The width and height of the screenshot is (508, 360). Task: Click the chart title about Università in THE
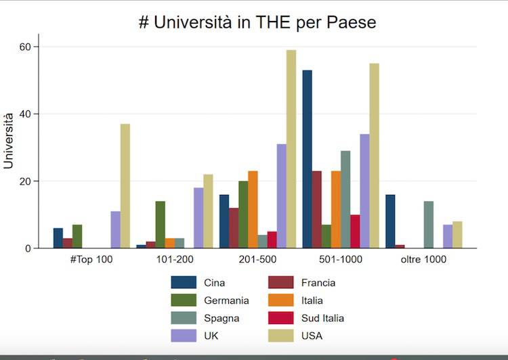(x=257, y=22)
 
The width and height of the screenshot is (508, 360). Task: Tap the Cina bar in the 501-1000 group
(x=308, y=159)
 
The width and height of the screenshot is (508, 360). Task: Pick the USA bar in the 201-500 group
(x=291, y=149)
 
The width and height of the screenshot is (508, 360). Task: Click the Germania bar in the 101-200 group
(x=161, y=225)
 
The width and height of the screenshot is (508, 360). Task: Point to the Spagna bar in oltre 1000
(x=429, y=225)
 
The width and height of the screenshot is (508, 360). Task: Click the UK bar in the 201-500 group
(x=282, y=196)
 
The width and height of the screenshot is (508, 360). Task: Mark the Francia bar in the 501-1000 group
(x=317, y=210)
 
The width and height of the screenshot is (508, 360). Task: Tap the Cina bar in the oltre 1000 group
(x=390, y=221)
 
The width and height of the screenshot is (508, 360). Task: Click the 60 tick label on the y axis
(x=25, y=47)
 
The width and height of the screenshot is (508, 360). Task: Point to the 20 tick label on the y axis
(x=25, y=181)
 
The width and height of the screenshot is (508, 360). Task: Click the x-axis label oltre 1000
(x=424, y=260)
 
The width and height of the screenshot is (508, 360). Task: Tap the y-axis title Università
(x=9, y=141)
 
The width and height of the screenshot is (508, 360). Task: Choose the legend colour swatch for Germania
(x=184, y=300)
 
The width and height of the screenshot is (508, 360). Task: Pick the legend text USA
(x=312, y=336)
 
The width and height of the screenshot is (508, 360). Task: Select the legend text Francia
(x=318, y=283)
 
